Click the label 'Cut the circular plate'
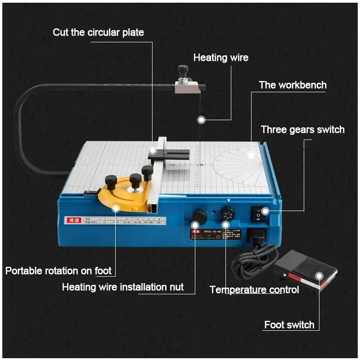pyautogui.click(x=98, y=32)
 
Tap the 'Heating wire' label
pyautogui.click(x=220, y=58)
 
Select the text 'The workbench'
pyautogui.click(x=292, y=85)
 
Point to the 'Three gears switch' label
pyautogui.click(x=302, y=130)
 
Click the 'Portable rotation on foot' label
pyautogui.click(x=58, y=271)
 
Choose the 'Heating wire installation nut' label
pyautogui.click(x=122, y=287)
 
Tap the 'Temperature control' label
pyautogui.click(x=254, y=289)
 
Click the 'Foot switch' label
pyautogui.click(x=289, y=325)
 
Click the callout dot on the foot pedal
pyautogui.click(x=319, y=276)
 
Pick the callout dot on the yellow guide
pyautogui.click(x=116, y=208)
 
